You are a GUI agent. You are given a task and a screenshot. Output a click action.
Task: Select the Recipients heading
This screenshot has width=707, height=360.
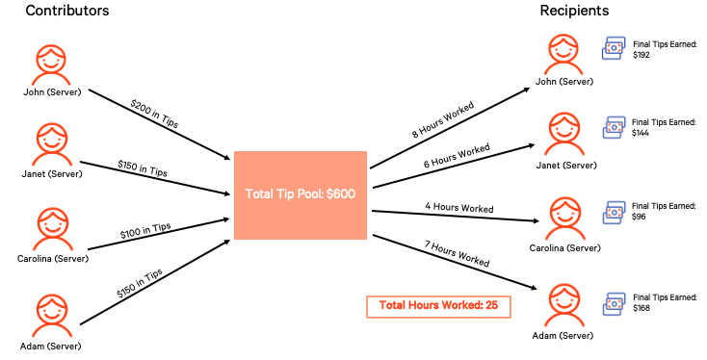point(573,12)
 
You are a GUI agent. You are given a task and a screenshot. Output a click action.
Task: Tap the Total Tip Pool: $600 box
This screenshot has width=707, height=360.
point(301,194)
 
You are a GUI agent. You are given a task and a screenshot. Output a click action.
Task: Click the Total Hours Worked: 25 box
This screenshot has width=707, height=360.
point(437,306)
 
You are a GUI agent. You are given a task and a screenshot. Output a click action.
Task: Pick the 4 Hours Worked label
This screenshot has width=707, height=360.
point(460,208)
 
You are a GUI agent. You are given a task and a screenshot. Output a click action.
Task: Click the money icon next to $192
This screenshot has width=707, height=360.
point(614,49)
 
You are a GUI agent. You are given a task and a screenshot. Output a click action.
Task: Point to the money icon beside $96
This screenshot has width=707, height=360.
point(614,212)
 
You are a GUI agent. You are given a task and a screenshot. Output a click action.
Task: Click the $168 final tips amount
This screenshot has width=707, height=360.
point(641,309)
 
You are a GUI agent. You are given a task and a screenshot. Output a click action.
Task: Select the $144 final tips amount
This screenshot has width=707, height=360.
point(642,135)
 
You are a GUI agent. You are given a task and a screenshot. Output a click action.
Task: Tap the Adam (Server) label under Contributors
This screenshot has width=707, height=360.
point(53,345)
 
